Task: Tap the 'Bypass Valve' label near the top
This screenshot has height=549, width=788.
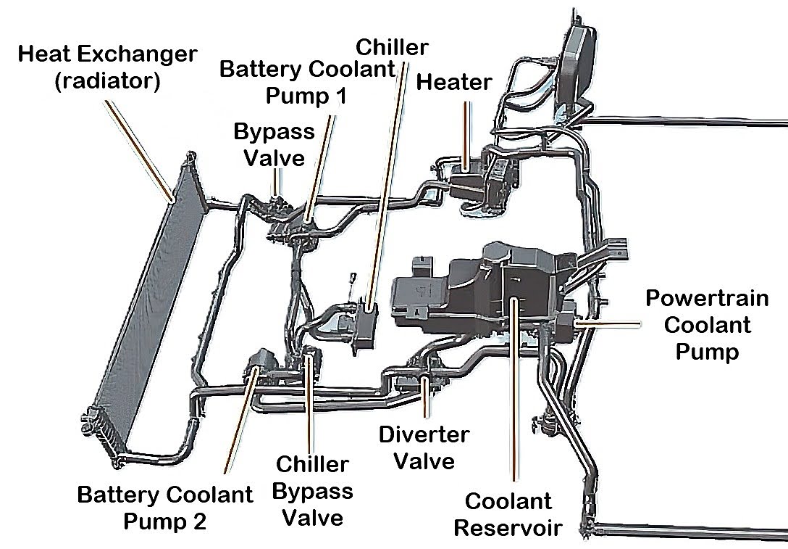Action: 274,144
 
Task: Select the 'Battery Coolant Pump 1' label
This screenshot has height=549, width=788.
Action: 307,82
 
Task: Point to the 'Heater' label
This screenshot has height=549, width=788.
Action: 453,82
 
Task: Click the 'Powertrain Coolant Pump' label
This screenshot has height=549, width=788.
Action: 698,325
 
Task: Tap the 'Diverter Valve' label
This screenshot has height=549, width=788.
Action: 424,447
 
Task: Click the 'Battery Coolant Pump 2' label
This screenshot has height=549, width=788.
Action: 165,508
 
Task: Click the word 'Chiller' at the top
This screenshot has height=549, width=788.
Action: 392,49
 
